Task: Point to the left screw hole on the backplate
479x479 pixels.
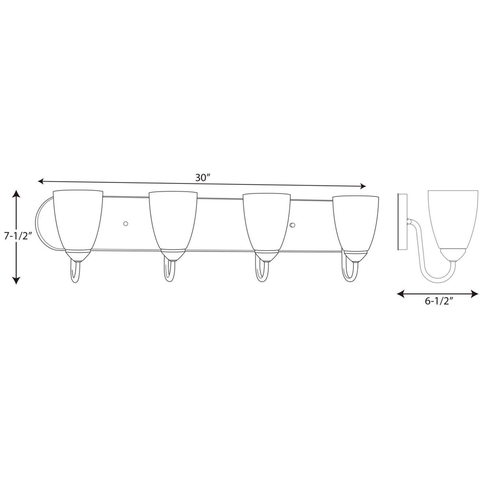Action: [126, 223]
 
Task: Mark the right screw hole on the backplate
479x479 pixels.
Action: [293, 225]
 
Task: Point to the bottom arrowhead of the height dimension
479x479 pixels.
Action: [17, 281]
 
